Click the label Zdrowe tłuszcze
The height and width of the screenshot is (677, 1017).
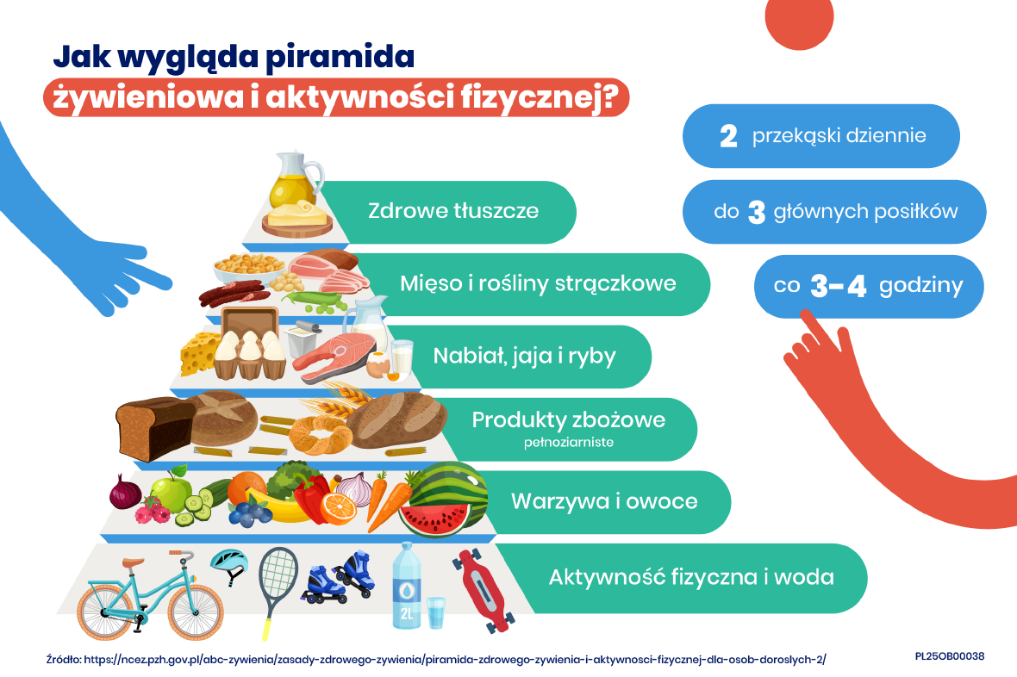(453, 210)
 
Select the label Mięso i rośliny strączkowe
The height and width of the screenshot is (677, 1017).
(538, 283)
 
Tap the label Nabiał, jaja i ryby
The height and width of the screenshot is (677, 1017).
(525, 356)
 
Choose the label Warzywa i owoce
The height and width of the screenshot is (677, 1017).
(604, 500)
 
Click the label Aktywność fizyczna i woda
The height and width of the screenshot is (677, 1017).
(690, 576)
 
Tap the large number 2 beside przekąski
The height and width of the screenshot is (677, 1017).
(728, 137)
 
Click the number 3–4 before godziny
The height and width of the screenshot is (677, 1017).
(839, 287)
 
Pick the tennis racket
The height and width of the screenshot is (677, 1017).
(278, 575)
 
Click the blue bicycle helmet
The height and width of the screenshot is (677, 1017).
(229, 564)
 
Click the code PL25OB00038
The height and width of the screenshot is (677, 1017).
(949, 656)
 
